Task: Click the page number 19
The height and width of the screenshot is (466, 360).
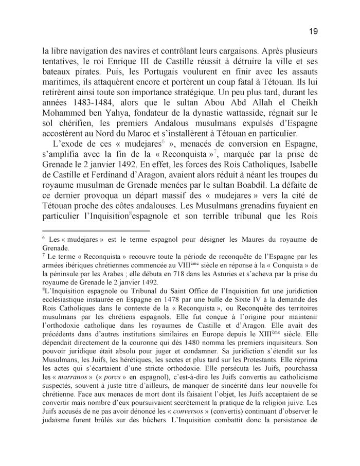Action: [313, 31]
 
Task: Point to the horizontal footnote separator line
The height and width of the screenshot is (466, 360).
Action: [95, 231]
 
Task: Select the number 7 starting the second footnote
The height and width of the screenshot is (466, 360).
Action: [44, 256]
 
